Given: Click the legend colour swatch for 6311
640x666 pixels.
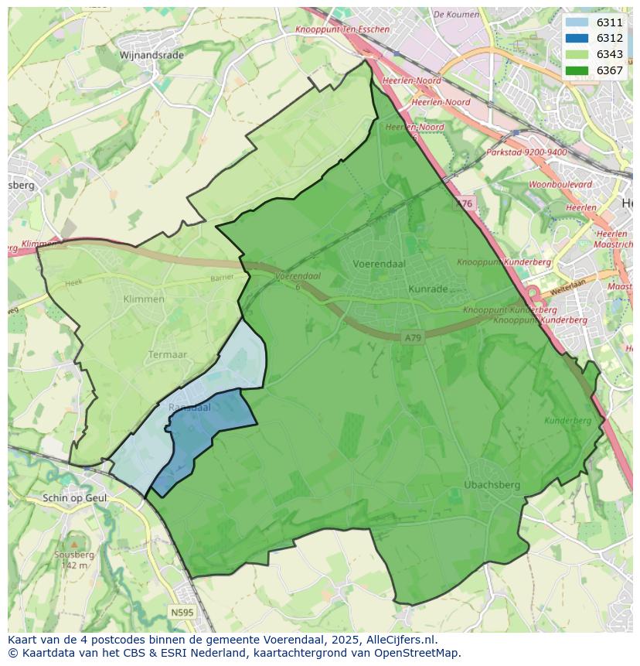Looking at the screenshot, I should coord(576,22).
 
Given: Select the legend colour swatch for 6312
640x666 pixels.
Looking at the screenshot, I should coord(576,38).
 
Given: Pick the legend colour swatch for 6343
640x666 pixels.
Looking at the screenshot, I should coord(576,54).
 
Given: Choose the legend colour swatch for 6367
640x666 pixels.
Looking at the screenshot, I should coord(576,70).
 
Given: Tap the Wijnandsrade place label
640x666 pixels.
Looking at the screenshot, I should coord(151,55).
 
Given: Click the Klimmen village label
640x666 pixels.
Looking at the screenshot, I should coord(144,299).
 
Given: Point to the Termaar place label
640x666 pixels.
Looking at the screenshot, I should coord(168,355).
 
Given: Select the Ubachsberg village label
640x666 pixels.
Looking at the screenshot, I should coord(492,485).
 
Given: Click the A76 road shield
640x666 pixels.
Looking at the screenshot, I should coord(464,203).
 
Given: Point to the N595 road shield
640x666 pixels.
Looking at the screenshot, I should coord(182,612).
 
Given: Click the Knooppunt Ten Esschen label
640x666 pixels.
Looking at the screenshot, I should coord(342,29).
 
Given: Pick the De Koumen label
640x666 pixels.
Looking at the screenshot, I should coord(456,14).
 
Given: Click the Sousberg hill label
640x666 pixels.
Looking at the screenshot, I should coord(74,555).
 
